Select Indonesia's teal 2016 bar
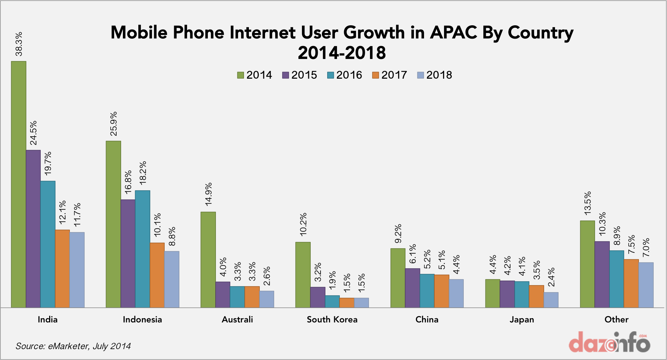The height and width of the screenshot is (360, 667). point(143,249)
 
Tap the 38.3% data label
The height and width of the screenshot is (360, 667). point(19,44)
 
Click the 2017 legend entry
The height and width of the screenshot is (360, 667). point(390,75)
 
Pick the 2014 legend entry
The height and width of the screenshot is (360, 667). point(255,75)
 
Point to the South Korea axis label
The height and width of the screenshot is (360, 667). point(332,320)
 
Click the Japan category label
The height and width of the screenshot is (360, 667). point(522,320)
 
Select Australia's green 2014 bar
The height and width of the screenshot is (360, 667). point(208,260)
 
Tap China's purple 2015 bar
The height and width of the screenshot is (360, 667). point(412,288)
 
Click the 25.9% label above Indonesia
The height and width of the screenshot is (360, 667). point(113,124)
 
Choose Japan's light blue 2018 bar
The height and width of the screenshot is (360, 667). point(551,300)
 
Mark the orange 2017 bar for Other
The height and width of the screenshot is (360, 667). point(631,283)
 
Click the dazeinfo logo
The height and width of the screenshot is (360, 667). point(609,342)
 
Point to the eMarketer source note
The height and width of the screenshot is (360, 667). point(73,346)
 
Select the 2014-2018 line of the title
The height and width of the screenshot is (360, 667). point(342,53)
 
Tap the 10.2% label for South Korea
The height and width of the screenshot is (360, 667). point(303,224)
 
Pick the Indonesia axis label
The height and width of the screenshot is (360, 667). point(143,320)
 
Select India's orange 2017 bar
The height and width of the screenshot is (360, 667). point(62,269)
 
